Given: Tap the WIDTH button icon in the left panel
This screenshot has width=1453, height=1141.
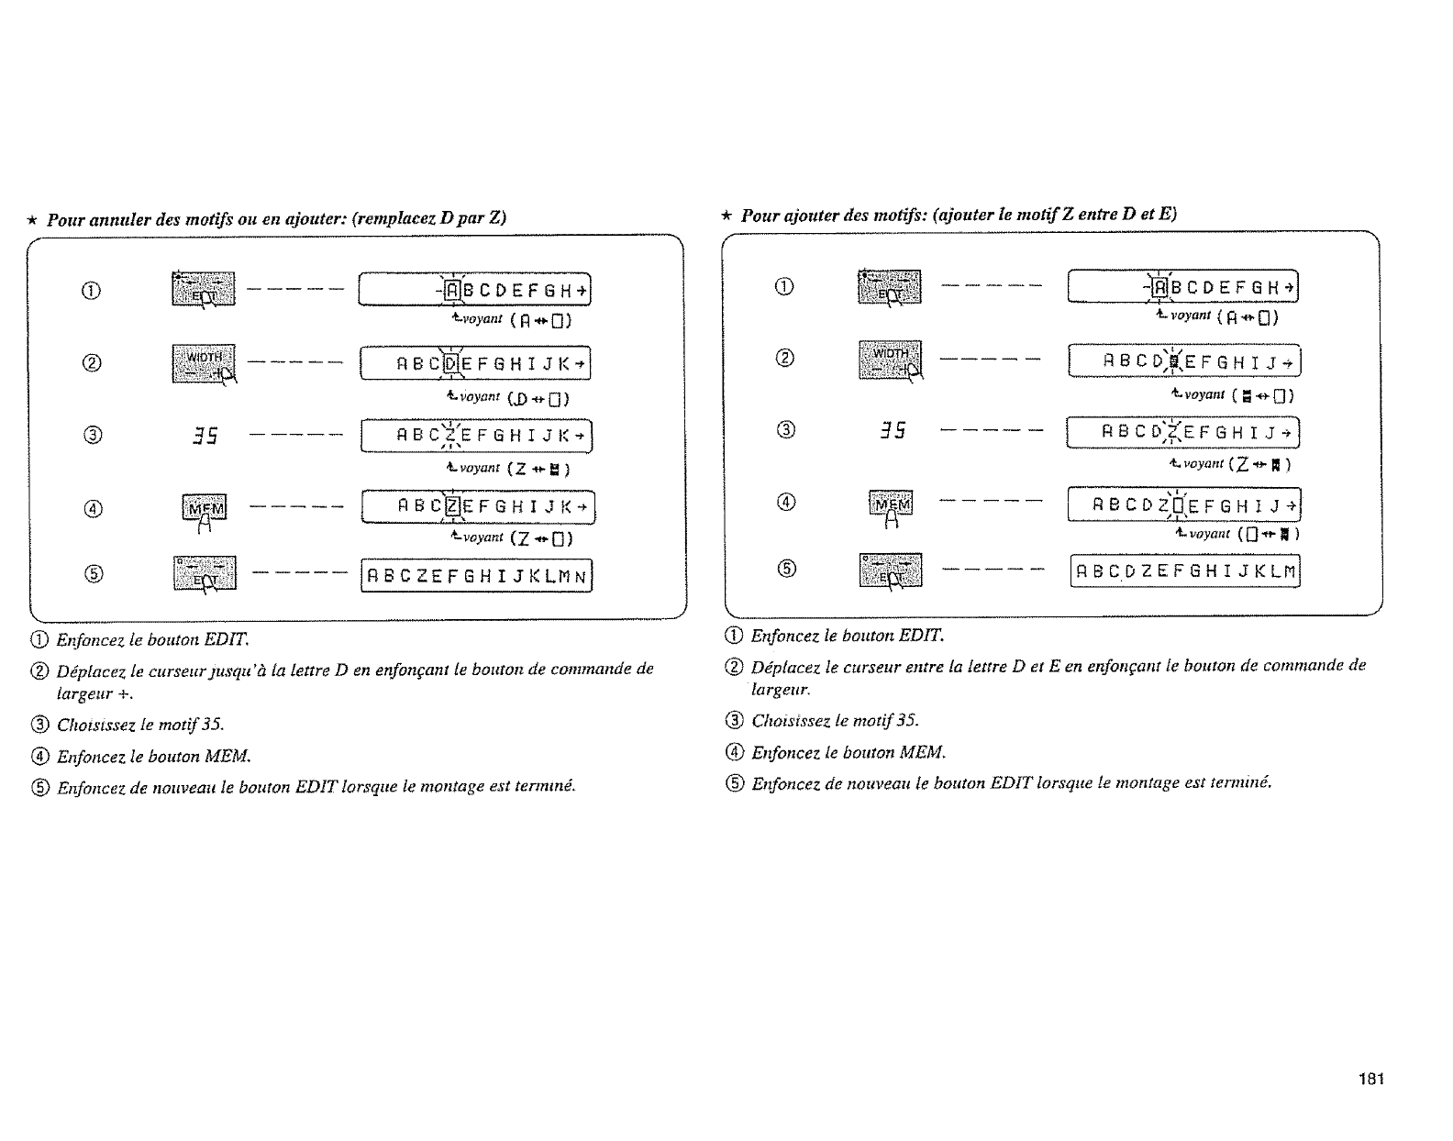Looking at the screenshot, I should [204, 363].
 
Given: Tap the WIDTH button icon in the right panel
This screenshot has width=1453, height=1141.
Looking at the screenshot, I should [889, 360].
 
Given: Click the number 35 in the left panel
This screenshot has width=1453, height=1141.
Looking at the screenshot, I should [204, 437].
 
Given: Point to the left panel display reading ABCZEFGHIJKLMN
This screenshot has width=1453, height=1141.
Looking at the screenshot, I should [477, 577].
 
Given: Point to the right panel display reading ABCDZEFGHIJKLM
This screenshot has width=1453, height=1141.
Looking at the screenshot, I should [1185, 571].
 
